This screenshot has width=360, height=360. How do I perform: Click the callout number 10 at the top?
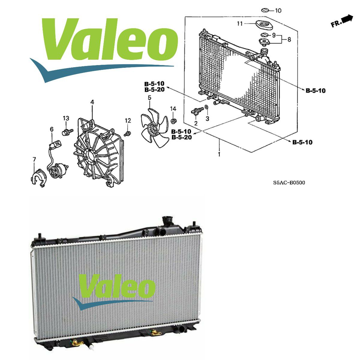pyautogui.click(x=278, y=10)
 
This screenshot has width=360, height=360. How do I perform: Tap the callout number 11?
pyautogui.click(x=240, y=24)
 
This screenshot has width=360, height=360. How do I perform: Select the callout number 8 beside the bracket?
pyautogui.click(x=289, y=40)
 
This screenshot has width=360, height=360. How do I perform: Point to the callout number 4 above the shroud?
pyautogui.click(x=92, y=102)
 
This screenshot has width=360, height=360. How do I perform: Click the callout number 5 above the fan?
pyautogui.click(x=149, y=97)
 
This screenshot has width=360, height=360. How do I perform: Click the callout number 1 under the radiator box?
pyautogui.click(x=219, y=154)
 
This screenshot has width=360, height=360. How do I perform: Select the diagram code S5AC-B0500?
pyautogui.click(x=289, y=182)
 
